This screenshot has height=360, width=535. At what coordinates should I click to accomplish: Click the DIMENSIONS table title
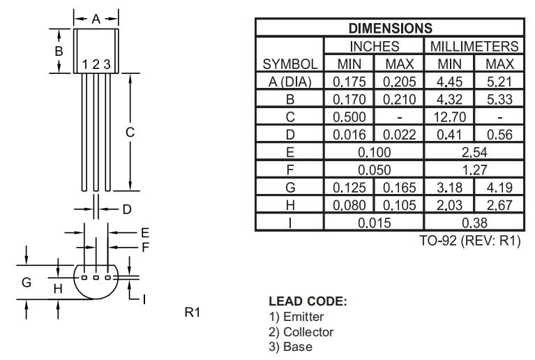[x=390, y=28]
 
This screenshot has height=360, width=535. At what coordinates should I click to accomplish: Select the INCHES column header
[x=374, y=46]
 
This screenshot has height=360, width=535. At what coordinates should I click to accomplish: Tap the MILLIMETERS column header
[x=474, y=46]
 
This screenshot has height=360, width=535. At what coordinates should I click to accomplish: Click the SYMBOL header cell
[x=290, y=63]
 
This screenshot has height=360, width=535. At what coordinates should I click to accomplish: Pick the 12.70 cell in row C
[x=449, y=117]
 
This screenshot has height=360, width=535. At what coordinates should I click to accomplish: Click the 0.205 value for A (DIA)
[x=399, y=82]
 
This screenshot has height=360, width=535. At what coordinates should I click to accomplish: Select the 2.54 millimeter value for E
[x=474, y=152]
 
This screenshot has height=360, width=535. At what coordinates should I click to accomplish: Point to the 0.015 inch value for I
[x=374, y=223]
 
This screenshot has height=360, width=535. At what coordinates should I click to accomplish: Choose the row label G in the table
[x=290, y=188]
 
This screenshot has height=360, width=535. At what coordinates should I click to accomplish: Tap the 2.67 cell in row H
[x=499, y=205]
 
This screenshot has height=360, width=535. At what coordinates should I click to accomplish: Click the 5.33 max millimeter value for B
[x=499, y=99]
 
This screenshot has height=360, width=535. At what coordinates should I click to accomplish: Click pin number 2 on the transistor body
[x=96, y=65]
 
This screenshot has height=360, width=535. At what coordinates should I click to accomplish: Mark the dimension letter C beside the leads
[x=130, y=132]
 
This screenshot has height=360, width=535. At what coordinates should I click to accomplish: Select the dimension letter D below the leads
[x=126, y=209]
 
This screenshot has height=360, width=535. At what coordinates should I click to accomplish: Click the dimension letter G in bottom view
[x=27, y=283]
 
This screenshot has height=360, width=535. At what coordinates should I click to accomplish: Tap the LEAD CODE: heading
[x=307, y=301]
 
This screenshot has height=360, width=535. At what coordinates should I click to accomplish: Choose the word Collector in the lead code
[x=308, y=332]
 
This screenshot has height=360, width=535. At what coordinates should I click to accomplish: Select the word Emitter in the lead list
[x=303, y=317]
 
